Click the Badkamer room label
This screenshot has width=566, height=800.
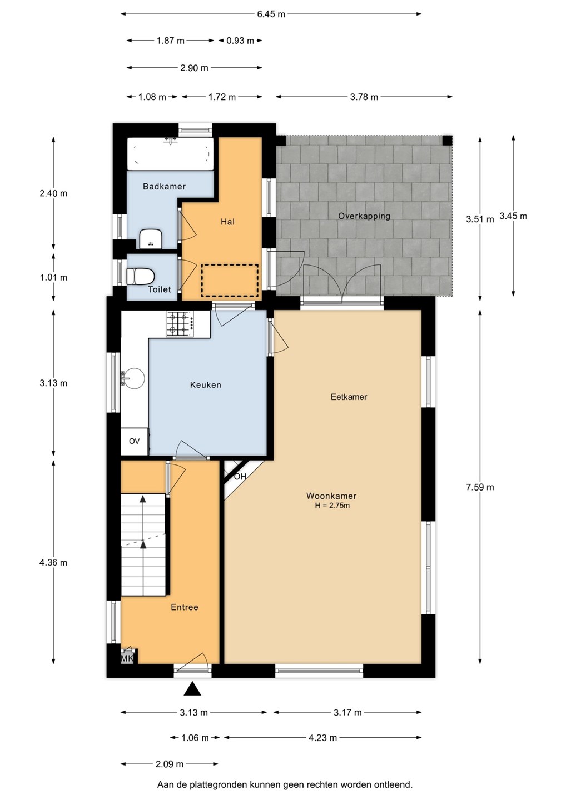[x=164, y=186]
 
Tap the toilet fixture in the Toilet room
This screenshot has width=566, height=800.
[x=140, y=277]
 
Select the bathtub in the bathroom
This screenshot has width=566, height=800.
[x=171, y=153]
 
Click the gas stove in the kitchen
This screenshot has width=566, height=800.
[x=181, y=323]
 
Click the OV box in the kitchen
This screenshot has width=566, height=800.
[x=135, y=442]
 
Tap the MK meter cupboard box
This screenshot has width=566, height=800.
[x=127, y=658]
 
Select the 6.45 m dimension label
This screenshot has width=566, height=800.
[x=271, y=14]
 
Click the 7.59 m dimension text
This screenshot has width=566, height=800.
[x=480, y=487]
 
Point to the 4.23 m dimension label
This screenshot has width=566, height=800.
[x=322, y=738]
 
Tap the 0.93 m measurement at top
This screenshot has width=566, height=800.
[x=240, y=41]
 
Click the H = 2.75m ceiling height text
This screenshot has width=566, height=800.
[x=332, y=506]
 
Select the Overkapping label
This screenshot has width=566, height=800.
[x=364, y=216]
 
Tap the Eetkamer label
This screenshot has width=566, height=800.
[x=349, y=397]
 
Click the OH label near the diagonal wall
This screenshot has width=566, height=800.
[x=240, y=477]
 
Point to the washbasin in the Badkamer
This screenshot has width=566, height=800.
[x=151, y=238]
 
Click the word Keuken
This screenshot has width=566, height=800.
[x=206, y=385]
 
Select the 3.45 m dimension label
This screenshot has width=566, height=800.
[x=513, y=216]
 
